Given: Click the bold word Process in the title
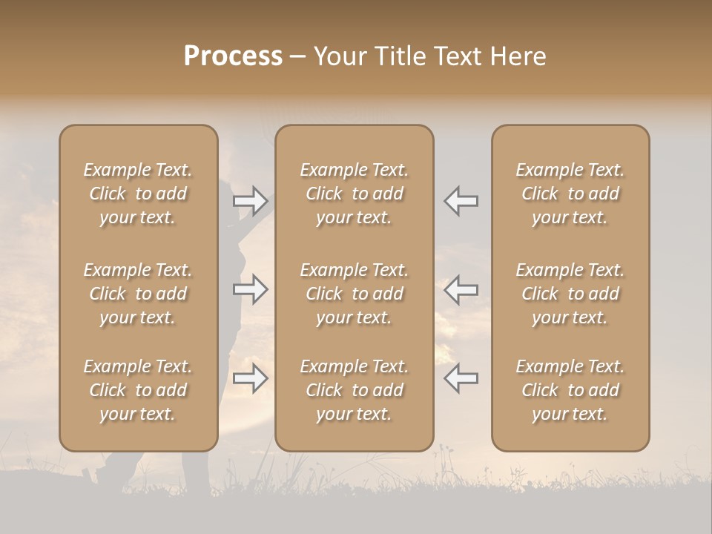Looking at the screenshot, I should [233, 56].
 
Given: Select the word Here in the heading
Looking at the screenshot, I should [519, 56].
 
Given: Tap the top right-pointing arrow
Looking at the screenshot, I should [251, 200].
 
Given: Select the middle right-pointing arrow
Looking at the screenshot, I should [251, 289].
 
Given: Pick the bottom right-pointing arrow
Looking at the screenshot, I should [251, 378].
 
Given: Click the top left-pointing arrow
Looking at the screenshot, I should [461, 200].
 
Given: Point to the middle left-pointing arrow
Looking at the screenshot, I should [461, 289].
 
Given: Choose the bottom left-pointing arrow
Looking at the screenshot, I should [461, 378].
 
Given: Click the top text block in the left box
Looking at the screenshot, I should [138, 194].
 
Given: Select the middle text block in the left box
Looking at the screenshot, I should [138, 294].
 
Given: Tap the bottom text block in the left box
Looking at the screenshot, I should [138, 390].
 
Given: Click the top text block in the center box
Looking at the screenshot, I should [354, 194].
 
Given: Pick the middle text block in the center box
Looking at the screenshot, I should [354, 294].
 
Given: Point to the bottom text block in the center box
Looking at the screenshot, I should [354, 390].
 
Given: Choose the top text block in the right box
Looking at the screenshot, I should [570, 194].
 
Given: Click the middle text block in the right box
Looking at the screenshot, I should [570, 294].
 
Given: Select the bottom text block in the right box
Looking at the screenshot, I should [570, 390].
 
